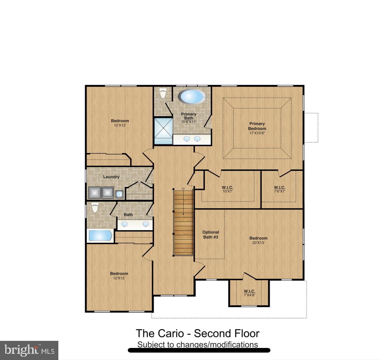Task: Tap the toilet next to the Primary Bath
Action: click(x=163, y=93)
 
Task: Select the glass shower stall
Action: click(x=163, y=131)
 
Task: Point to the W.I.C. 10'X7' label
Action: click(x=227, y=189)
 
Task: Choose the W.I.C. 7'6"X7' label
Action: click(x=279, y=189)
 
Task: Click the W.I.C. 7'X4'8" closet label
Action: click(x=249, y=293)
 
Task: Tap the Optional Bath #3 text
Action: click(x=211, y=235)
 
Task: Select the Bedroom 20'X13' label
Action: click(x=258, y=240)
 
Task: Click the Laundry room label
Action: click(x=111, y=177)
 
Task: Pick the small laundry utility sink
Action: click(x=119, y=194)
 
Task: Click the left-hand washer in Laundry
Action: click(x=95, y=193)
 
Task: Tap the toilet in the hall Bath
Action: click(x=95, y=208)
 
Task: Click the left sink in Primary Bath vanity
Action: click(x=186, y=139)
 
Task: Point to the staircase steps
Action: click(x=184, y=222)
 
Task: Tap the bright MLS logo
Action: click(x=29, y=350)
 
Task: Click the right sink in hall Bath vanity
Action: click(x=145, y=224)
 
